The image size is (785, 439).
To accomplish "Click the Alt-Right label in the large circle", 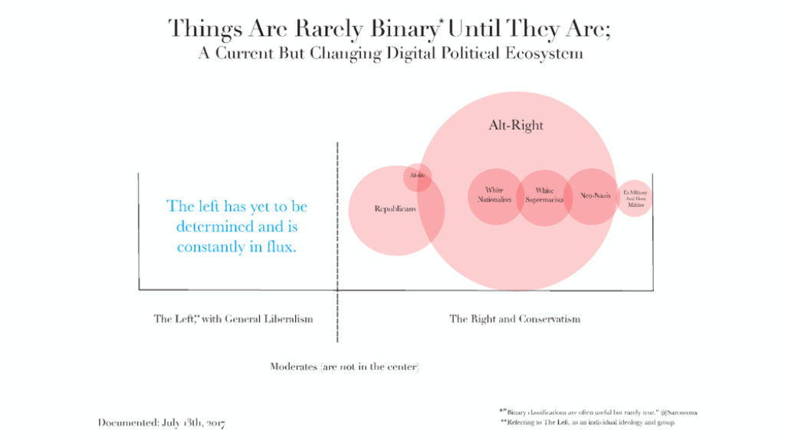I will coord(516,125).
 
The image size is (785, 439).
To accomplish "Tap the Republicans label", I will coord(396,209).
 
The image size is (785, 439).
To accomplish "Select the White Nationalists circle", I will coord(494,195).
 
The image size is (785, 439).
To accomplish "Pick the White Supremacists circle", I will coord(544,196).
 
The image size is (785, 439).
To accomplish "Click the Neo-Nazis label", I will coord(596,195).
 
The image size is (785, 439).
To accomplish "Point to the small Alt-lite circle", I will coord(418,177).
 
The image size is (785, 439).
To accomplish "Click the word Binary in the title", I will coord(406,29).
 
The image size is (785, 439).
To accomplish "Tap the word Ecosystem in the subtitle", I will coord(542,54).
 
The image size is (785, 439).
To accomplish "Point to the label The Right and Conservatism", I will coord(514,319).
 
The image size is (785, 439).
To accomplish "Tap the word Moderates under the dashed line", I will coord(294,367).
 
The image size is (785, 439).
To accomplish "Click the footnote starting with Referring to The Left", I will coord(587,423).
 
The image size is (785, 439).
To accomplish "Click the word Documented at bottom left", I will coord(128,423).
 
